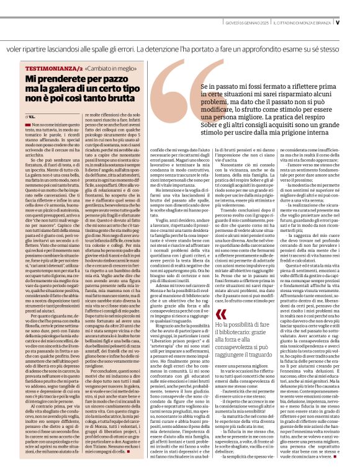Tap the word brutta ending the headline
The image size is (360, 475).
pos(119,99)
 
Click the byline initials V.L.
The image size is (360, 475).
pos(31,115)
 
